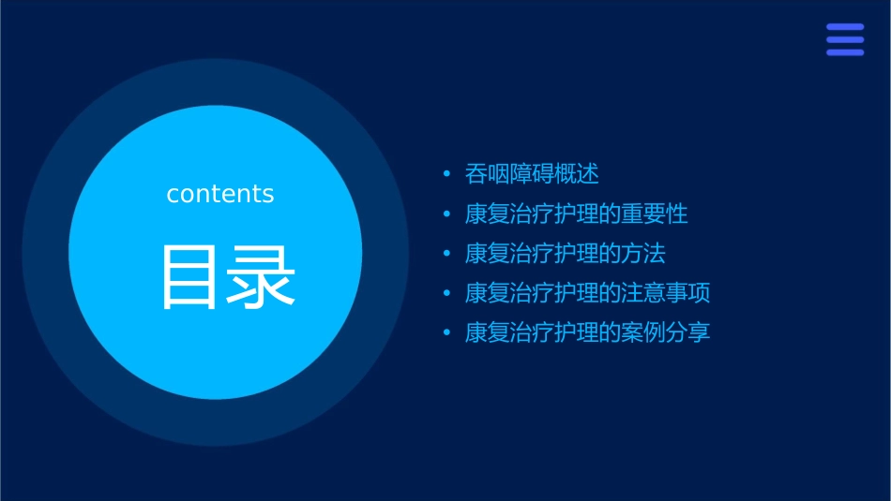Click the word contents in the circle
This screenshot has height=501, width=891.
(x=220, y=194)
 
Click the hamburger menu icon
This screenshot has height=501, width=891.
(x=845, y=39)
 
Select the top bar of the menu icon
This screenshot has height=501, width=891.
(x=845, y=27)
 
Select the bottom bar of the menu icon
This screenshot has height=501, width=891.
(x=845, y=52)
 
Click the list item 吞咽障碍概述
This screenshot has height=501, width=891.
(x=532, y=174)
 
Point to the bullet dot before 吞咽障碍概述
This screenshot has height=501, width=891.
(x=447, y=174)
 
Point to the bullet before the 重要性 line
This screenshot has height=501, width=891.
(x=447, y=214)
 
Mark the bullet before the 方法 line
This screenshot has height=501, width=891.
(x=447, y=254)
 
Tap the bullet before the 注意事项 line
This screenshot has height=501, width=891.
(x=447, y=293)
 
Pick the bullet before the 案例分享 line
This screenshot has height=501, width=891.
(x=447, y=332)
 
